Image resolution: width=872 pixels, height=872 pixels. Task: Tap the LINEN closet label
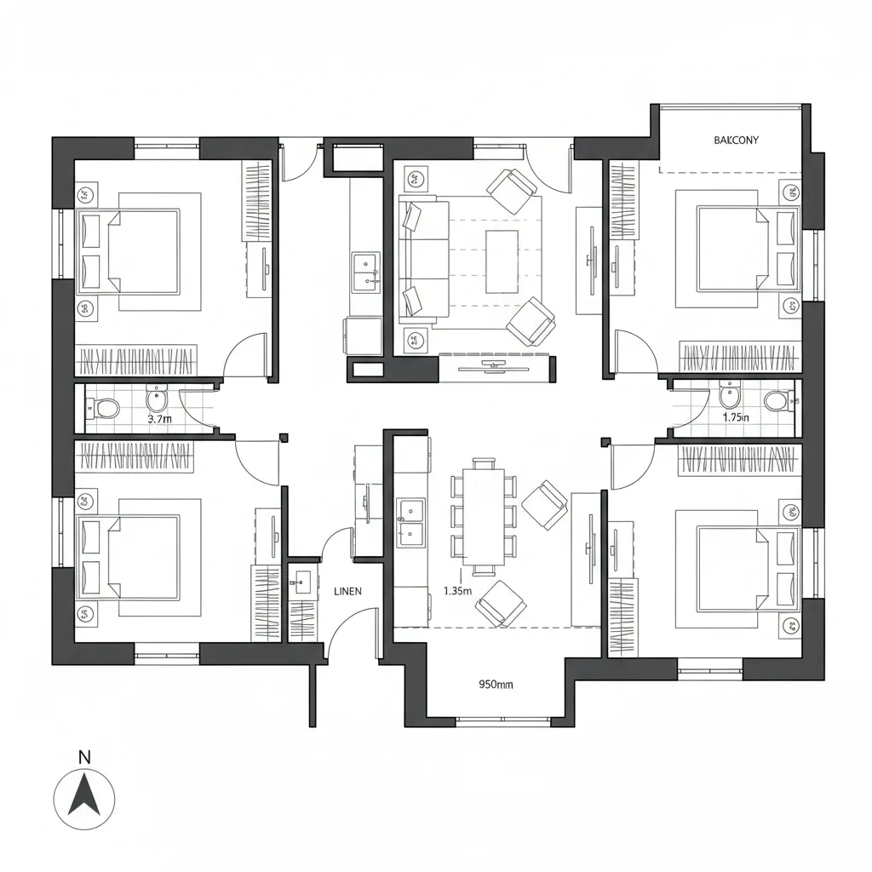coord(348,590)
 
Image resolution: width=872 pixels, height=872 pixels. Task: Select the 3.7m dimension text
coord(160,419)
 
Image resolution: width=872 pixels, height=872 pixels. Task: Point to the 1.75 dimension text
coord(736,417)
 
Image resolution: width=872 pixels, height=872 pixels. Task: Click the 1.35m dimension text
coord(458,591)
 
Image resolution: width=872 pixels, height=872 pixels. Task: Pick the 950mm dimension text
coord(496,683)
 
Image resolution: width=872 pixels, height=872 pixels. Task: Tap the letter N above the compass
coord(83,756)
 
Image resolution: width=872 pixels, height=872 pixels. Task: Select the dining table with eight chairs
coord(484,517)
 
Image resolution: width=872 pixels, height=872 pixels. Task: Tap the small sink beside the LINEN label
coord(301,584)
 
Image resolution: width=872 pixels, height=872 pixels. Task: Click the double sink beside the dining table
coord(410,522)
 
